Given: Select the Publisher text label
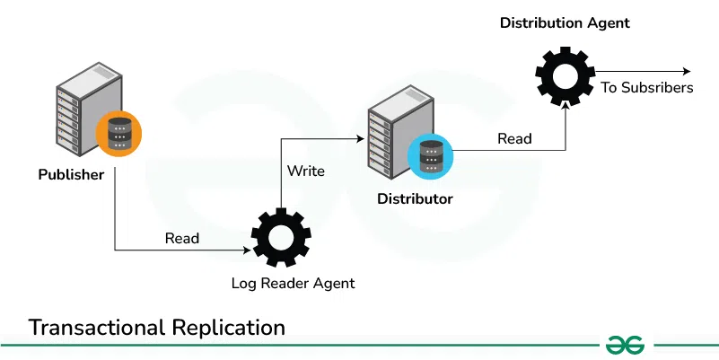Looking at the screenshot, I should (71, 174).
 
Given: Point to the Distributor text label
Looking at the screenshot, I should (414, 198).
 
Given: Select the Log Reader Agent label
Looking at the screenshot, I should (293, 284).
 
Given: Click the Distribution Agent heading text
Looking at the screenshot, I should (565, 22).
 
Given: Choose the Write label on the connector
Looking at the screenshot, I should (306, 171).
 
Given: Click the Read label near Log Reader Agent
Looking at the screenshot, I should (182, 239).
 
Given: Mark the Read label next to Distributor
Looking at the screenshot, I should (514, 139).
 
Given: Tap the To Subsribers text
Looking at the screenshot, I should (647, 88).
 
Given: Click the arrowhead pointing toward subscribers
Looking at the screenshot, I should (686, 72).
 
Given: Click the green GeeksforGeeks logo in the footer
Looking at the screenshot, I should (627, 345).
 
